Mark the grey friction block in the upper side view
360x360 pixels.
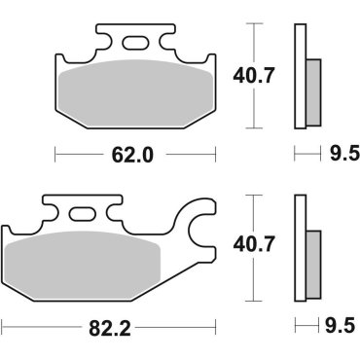point(313,87)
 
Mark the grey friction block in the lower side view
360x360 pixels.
point(313,255)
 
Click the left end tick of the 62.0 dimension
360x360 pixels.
point(55,154)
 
